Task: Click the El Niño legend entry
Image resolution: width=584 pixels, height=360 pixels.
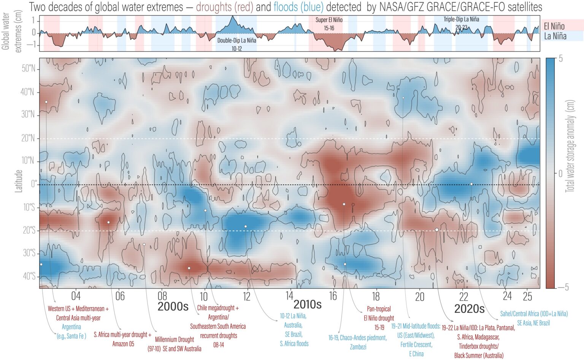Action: (x=554, y=26)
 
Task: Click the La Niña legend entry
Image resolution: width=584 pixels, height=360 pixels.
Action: (x=555, y=36)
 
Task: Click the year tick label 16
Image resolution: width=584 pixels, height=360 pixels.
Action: (x=333, y=296)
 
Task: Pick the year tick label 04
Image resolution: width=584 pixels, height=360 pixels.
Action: (x=76, y=296)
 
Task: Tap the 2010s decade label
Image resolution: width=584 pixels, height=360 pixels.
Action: (x=307, y=304)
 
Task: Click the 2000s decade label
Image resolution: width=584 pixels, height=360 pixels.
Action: (x=173, y=307)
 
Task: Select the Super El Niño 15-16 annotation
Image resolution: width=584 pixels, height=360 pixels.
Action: (x=328, y=24)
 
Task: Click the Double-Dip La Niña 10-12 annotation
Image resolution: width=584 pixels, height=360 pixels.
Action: (x=236, y=44)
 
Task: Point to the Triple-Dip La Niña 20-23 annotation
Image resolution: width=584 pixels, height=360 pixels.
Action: (x=461, y=23)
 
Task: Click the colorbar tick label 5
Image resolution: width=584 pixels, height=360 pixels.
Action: (x=561, y=59)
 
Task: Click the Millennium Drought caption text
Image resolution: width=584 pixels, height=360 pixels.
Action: (x=174, y=344)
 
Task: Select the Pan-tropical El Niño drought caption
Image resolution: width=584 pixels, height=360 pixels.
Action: (x=379, y=318)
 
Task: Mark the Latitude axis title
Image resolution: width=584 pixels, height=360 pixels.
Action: (x=18, y=181)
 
